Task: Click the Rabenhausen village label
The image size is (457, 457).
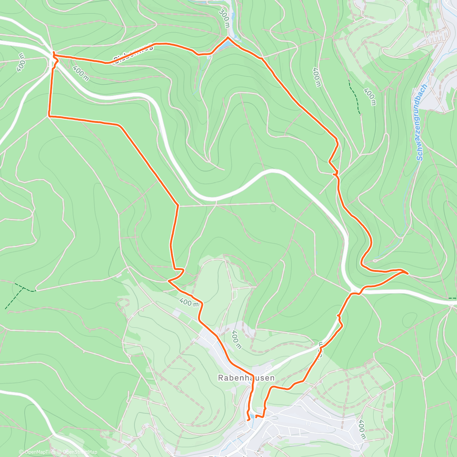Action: (x=246, y=378)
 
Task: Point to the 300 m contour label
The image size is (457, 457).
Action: (x=225, y=18)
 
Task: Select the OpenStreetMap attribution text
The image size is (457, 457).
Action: (x=78, y=452)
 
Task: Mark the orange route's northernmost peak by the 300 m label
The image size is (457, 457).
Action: (x=228, y=37)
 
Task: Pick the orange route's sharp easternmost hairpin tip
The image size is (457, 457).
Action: (x=408, y=273)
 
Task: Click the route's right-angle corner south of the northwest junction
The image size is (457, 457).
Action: (x=49, y=115)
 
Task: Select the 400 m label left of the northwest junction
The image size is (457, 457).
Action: (x=21, y=62)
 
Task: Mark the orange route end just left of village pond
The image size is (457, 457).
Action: (x=248, y=420)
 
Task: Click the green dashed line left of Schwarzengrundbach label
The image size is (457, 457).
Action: (x=355, y=97)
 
